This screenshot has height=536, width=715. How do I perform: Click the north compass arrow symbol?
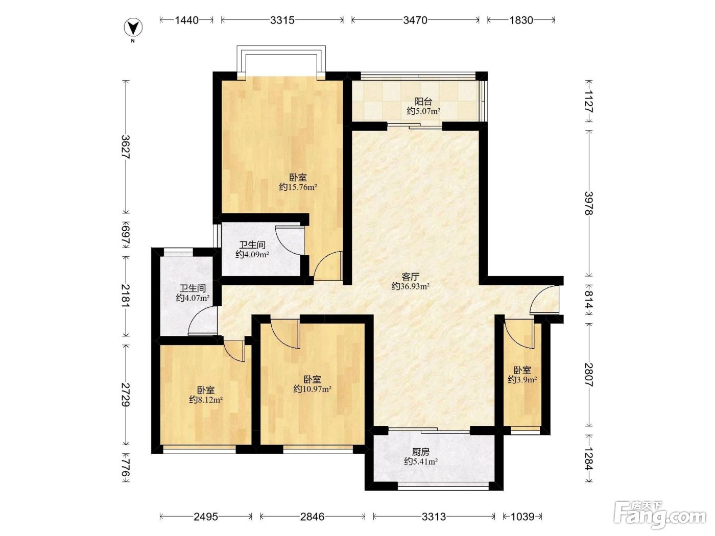coord(133,28)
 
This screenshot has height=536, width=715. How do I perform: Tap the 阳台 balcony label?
coord(423,102)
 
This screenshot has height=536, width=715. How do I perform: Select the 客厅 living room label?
coord(410,277)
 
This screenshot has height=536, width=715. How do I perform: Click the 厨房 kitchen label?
coord(420,452)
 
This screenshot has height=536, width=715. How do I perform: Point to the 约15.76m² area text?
coord(298,187)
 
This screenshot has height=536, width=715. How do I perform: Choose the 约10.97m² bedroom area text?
coord(313,388)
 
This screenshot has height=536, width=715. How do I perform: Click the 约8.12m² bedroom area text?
coord(206,399)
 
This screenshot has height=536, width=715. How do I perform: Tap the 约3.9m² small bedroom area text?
coord(522,379)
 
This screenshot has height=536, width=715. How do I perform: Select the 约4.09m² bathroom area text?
coord(252,254)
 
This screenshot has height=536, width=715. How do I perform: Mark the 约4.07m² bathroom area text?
coord(193,298)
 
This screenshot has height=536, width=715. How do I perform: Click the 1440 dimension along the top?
coord(186,20)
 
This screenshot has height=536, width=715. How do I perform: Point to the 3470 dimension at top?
coord(415,20)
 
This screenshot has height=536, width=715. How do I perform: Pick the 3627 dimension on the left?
coord(126,147)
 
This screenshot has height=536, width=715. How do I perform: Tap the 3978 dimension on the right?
coord(589,203)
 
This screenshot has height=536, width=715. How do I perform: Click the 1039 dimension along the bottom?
coord(522,517)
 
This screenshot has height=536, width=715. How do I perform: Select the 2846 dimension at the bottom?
coord(313,517)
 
